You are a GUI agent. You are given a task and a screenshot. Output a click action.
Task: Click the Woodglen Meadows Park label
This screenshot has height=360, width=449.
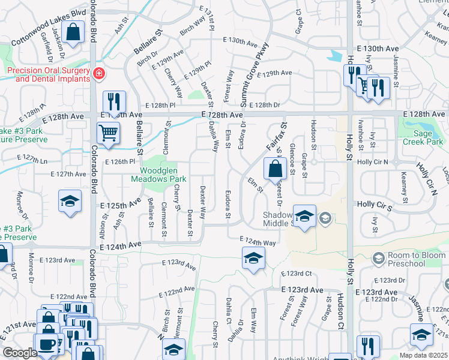159,174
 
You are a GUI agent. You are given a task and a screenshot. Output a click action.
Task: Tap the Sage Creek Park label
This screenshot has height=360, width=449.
423,138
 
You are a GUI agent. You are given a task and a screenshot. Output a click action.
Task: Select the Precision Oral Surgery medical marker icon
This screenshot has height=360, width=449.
98,74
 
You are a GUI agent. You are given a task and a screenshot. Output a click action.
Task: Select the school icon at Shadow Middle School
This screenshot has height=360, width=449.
304,215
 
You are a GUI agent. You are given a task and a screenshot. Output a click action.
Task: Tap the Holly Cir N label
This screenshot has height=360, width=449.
372,162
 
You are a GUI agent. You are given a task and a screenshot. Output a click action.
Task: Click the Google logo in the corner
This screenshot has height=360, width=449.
19,353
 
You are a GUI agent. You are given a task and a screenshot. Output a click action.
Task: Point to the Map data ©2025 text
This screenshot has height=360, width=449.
423,355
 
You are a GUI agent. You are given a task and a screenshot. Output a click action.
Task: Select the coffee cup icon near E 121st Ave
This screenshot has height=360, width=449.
46,344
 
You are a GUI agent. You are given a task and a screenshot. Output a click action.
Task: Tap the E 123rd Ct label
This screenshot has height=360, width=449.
297,273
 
